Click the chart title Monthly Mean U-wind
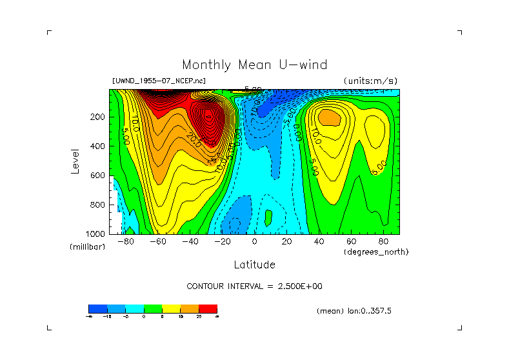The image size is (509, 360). tap(254, 65)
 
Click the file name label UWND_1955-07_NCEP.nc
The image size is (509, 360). tap(159, 81)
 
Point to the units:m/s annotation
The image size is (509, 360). tap(370, 81)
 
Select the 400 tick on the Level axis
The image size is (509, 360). tap(98, 146)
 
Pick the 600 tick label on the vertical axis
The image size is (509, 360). tap(98, 175)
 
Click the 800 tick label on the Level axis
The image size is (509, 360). tap(98, 205)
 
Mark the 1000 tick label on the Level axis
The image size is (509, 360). tap(96, 233)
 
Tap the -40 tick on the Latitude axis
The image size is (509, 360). tap(190, 242)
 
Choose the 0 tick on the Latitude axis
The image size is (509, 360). tap(254, 242)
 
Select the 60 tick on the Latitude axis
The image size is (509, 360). tap(351, 242)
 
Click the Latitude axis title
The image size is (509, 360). tap(254, 265)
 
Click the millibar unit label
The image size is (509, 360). tap(87, 247)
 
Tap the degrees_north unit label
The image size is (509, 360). tap(376, 252)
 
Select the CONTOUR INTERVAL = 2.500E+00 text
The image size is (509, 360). tap(254, 286)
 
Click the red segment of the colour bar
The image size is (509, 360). tap(208, 308)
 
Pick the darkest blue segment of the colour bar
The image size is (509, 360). tap(97, 308)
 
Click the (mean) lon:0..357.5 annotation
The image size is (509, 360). tap(354, 311)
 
